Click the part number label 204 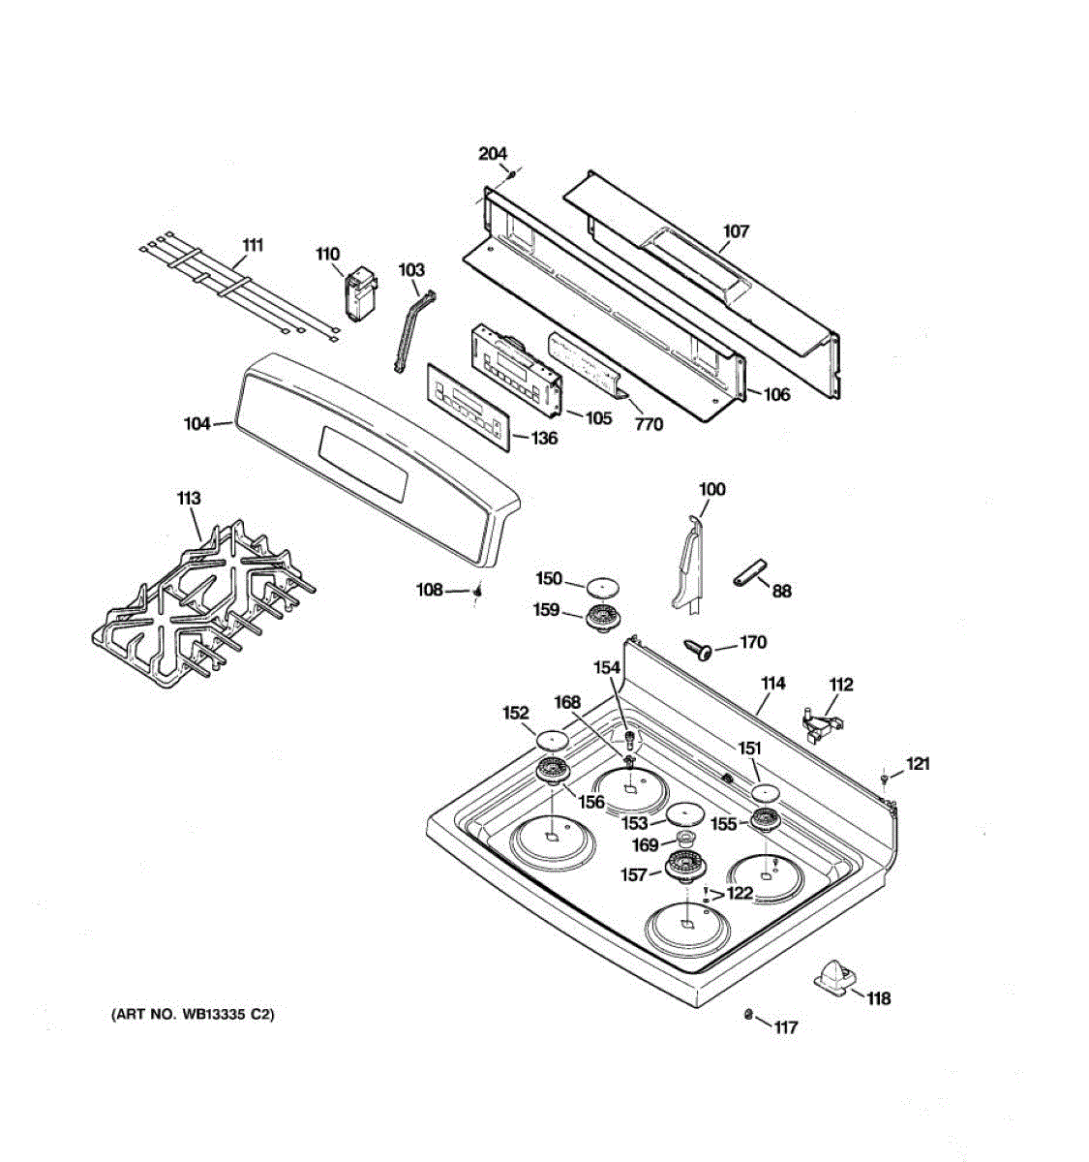[493, 154]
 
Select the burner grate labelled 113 [203, 606]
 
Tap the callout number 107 [736, 231]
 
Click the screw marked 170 [698, 648]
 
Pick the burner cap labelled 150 [603, 585]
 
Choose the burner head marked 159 [603, 617]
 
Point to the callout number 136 [544, 439]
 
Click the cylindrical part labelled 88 [748, 572]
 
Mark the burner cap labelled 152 [549, 741]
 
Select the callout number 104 [197, 423]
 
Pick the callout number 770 [649, 424]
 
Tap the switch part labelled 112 [819, 723]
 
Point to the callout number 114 [772, 684]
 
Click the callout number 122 [740, 893]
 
